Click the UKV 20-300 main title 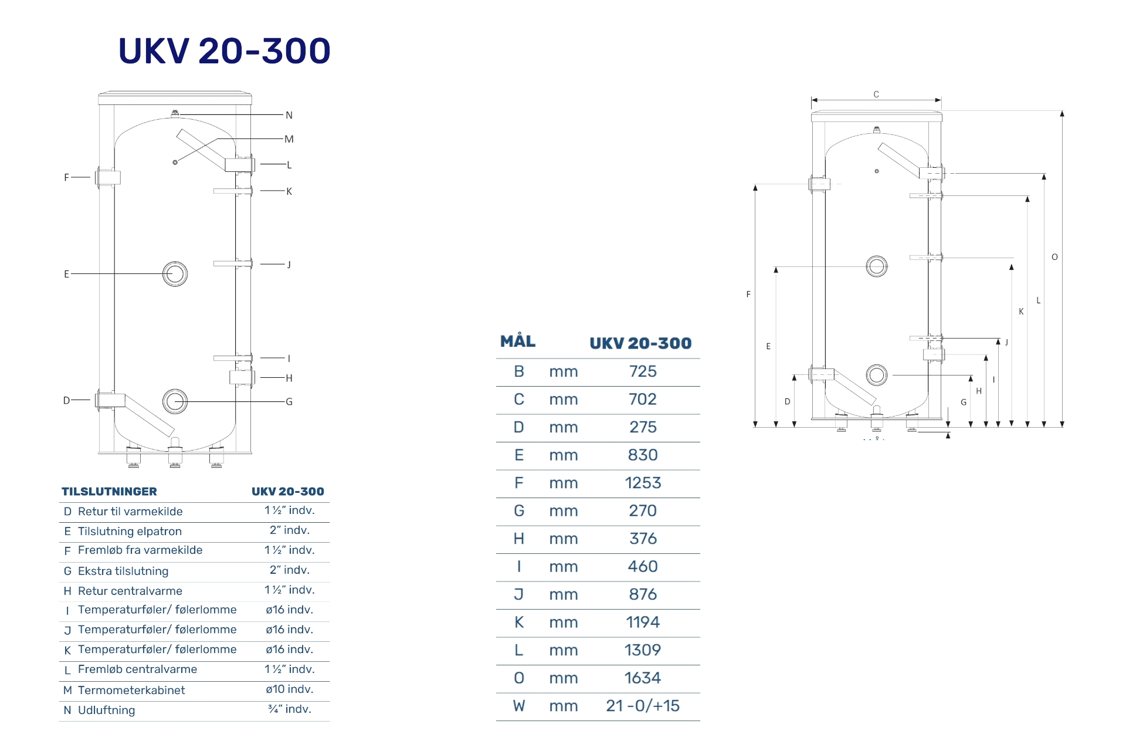point(225,50)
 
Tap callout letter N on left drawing point(289,115)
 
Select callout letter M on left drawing point(289,139)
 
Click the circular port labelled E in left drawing point(175,274)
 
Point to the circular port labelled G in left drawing point(175,402)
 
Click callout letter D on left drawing point(67,400)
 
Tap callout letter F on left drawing point(66,177)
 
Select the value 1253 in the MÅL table point(643,483)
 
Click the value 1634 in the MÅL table point(643,678)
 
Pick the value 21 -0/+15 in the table point(643,706)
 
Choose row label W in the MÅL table point(519,706)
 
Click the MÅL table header point(518,341)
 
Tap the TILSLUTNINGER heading point(110,492)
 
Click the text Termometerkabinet point(131,691)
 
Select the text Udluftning point(107,711)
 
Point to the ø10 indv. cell point(290,689)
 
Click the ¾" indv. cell point(290,709)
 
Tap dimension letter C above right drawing point(876,94)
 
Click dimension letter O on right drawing point(1054,257)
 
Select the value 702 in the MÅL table point(643,400)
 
